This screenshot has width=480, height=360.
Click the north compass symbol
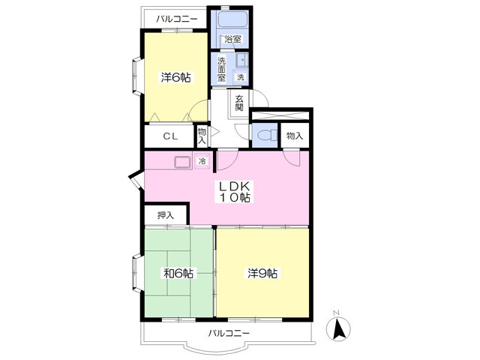(338, 328)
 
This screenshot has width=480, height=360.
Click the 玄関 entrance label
(239, 103)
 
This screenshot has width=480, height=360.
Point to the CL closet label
(170, 136)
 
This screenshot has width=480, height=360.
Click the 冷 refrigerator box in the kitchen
(202, 160)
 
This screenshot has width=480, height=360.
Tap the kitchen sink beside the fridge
(183, 162)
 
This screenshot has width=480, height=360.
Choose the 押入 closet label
(166, 215)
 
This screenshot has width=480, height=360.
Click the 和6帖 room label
(178, 273)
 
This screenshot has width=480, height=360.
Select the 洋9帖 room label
(262, 273)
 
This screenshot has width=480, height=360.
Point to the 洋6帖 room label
(176, 77)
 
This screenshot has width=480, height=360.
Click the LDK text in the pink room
(235, 186)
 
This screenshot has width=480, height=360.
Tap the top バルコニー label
(177, 19)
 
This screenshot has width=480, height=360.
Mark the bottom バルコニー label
(229, 333)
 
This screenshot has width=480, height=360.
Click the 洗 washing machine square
(241, 76)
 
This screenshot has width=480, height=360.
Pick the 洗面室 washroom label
(221, 69)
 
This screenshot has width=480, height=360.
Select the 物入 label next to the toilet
(295, 136)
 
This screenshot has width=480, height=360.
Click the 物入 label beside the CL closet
(202, 136)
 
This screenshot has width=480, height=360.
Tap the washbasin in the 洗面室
(242, 60)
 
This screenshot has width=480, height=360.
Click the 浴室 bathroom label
(233, 39)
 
